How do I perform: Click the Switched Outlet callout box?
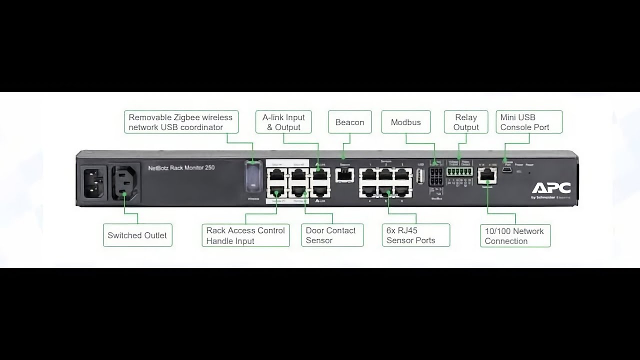(137, 235)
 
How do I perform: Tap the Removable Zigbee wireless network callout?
(181, 122)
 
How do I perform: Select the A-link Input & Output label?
(283, 122)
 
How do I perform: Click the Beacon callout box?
(349, 122)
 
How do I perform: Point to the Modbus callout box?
(405, 122)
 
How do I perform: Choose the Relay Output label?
(466, 122)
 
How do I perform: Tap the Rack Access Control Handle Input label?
(245, 235)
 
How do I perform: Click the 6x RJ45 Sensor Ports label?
(416, 235)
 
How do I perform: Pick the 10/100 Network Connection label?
(514, 236)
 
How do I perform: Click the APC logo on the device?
(551, 188)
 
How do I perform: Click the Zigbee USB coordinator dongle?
(253, 177)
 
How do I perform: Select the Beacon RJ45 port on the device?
(344, 174)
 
